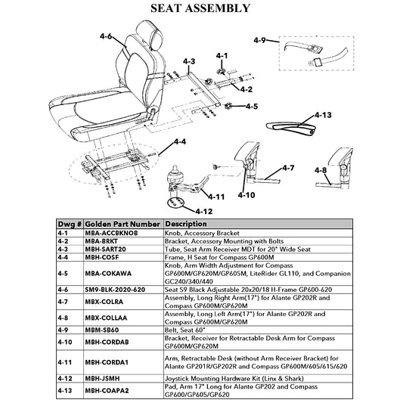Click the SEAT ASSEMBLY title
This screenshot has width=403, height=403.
200,8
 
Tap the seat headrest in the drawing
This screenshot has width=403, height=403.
150,35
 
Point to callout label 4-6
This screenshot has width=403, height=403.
106,36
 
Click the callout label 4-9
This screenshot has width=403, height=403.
259,40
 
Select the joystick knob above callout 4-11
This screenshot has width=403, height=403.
175,175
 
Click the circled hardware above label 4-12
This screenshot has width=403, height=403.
175,203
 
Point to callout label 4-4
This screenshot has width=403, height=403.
180,141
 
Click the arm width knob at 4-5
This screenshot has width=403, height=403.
228,106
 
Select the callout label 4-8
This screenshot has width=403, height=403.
321,170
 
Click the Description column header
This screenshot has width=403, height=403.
186,224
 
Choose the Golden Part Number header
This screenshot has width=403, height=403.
122,224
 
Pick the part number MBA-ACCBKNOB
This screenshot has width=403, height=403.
111,233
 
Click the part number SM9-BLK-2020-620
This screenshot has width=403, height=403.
115,290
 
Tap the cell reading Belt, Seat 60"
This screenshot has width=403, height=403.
185,330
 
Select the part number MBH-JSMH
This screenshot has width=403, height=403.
102,379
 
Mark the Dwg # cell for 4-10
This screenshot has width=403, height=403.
65,342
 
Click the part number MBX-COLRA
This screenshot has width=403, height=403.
104,302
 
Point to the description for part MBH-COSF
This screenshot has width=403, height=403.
219,257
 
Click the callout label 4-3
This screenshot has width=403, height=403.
189,61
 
